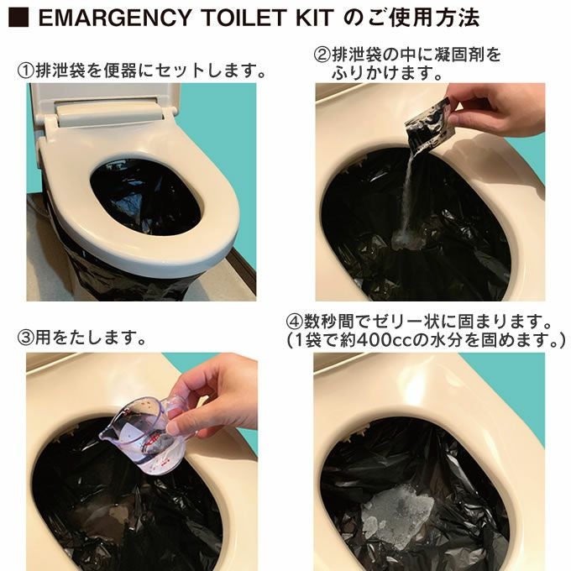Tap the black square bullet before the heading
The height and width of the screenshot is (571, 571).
pos(18,18)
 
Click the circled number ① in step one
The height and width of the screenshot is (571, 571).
pos(25,71)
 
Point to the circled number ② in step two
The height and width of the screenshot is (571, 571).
pos(322,55)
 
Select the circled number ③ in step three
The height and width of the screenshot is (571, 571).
pos(25,338)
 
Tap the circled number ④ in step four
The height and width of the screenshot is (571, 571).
pos(295,322)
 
